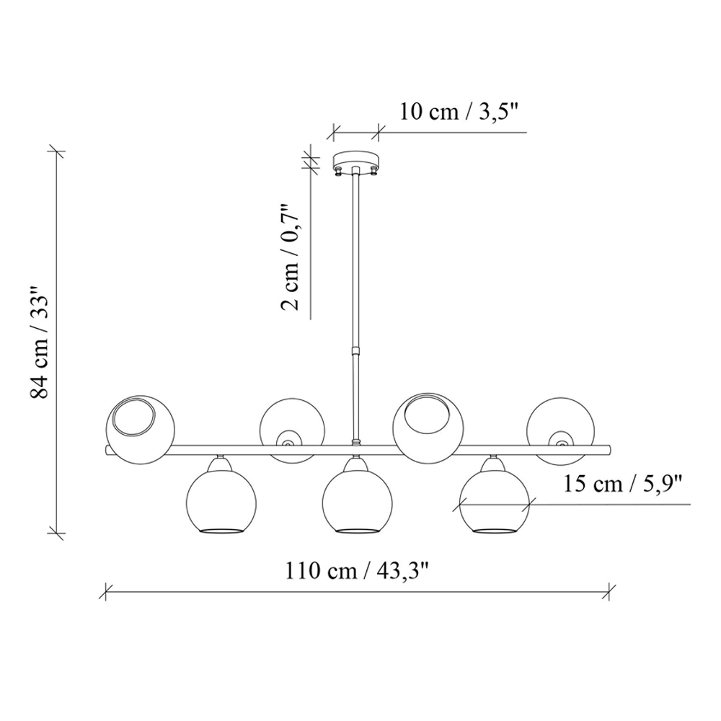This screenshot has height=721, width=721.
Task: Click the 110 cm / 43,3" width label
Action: [x=357, y=571]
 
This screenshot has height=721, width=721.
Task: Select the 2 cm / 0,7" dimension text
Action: [x=291, y=257]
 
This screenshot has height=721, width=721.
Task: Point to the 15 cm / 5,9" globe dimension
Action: [x=623, y=485]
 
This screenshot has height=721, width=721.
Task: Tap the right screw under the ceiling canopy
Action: [x=373, y=171]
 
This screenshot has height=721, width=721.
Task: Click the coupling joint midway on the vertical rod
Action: [x=355, y=351]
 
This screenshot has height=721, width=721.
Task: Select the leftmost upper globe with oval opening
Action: [x=141, y=429]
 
